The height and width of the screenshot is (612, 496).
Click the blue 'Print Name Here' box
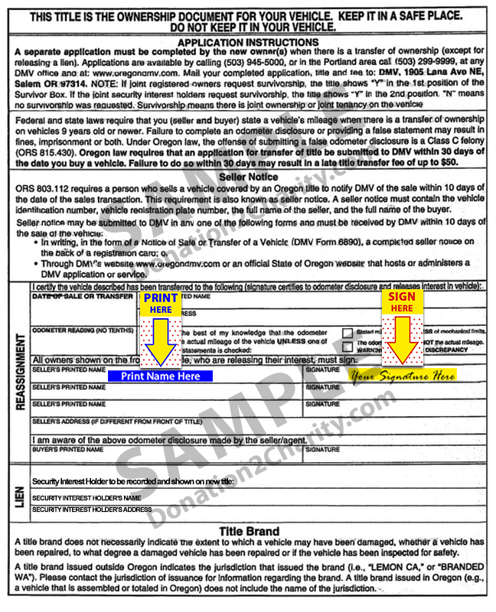[x=161, y=376]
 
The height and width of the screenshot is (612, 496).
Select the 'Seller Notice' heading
[x=248, y=177]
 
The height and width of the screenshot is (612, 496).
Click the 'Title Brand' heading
[x=249, y=531]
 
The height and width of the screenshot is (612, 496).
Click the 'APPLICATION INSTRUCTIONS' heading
[x=248, y=42]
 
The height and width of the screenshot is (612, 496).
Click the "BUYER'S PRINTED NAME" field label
[x=69, y=450]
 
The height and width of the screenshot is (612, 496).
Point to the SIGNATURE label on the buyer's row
[x=322, y=450]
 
